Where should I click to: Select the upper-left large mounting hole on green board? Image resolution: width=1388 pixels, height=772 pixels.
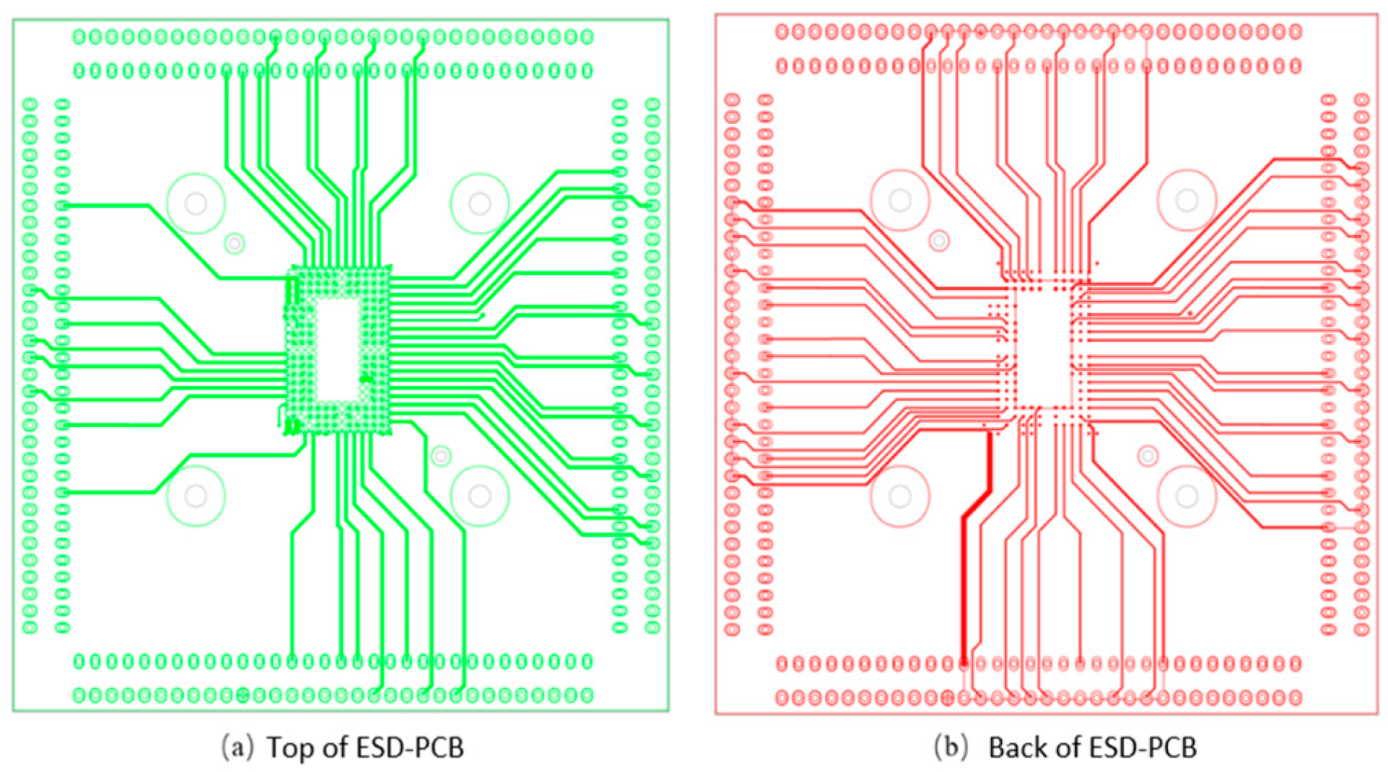pos(196,203)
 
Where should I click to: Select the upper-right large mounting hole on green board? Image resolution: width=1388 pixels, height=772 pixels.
pos(479,203)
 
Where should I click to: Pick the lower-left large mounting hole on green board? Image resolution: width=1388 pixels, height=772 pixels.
pos(196,496)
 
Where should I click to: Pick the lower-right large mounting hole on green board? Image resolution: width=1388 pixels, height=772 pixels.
pos(479,496)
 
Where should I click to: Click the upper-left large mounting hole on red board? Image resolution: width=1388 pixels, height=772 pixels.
pos(899,200)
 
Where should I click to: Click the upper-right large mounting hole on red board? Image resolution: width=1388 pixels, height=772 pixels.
pos(1187,200)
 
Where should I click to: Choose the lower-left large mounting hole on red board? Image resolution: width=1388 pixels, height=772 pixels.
pos(899,496)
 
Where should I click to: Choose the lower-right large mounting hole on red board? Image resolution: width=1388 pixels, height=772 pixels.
pos(1187,496)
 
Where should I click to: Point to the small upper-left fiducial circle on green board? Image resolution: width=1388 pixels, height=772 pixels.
pos(234,244)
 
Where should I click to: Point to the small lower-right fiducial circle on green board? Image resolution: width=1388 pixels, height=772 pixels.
pos(441,456)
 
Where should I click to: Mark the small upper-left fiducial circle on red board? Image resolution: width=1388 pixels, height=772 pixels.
pos(939,240)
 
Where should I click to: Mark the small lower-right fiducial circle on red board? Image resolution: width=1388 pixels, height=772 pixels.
pos(1148,456)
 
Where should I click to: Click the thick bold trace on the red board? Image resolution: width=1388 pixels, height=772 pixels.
pos(964,577)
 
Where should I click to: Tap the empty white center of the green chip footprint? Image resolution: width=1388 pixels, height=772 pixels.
pos(338,350)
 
